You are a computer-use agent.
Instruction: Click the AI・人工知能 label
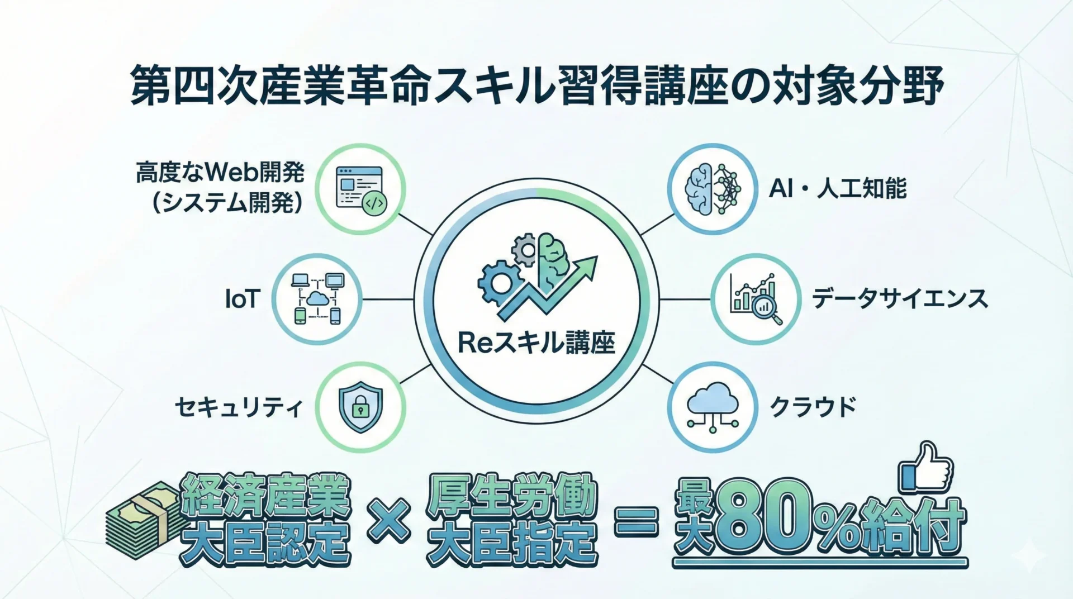click(837, 189)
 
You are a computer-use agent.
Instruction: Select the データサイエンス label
click(900, 298)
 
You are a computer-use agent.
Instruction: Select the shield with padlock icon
click(360, 407)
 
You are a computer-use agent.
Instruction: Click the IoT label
click(243, 299)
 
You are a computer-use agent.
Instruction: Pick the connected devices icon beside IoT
click(317, 299)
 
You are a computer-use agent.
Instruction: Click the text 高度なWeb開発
click(220, 173)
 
